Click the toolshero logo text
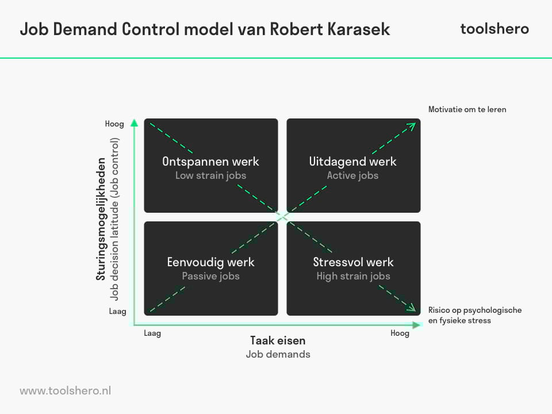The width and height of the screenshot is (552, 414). (x=494, y=29)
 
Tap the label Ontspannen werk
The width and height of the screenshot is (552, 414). (x=210, y=162)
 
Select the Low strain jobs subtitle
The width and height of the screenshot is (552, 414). (x=210, y=175)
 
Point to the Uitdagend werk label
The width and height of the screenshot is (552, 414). (x=352, y=162)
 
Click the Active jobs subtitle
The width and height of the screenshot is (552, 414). (x=352, y=175)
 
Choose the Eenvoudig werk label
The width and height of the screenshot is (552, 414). (x=210, y=262)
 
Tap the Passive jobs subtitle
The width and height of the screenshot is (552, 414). (x=210, y=276)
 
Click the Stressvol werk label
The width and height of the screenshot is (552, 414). (x=353, y=262)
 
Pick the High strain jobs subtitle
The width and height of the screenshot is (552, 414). (x=353, y=276)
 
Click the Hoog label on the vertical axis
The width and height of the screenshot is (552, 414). (x=114, y=124)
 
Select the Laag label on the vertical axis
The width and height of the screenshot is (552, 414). (x=117, y=312)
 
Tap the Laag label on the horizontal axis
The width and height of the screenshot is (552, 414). (x=152, y=333)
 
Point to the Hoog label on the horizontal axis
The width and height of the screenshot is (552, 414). (x=400, y=333)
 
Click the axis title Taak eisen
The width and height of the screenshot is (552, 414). (x=278, y=340)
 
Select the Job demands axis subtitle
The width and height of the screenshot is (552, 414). (x=278, y=354)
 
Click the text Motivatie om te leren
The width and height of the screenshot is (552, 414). (x=467, y=109)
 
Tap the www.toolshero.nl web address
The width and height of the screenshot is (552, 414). (x=65, y=391)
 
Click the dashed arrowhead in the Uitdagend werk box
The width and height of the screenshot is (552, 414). (x=412, y=126)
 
